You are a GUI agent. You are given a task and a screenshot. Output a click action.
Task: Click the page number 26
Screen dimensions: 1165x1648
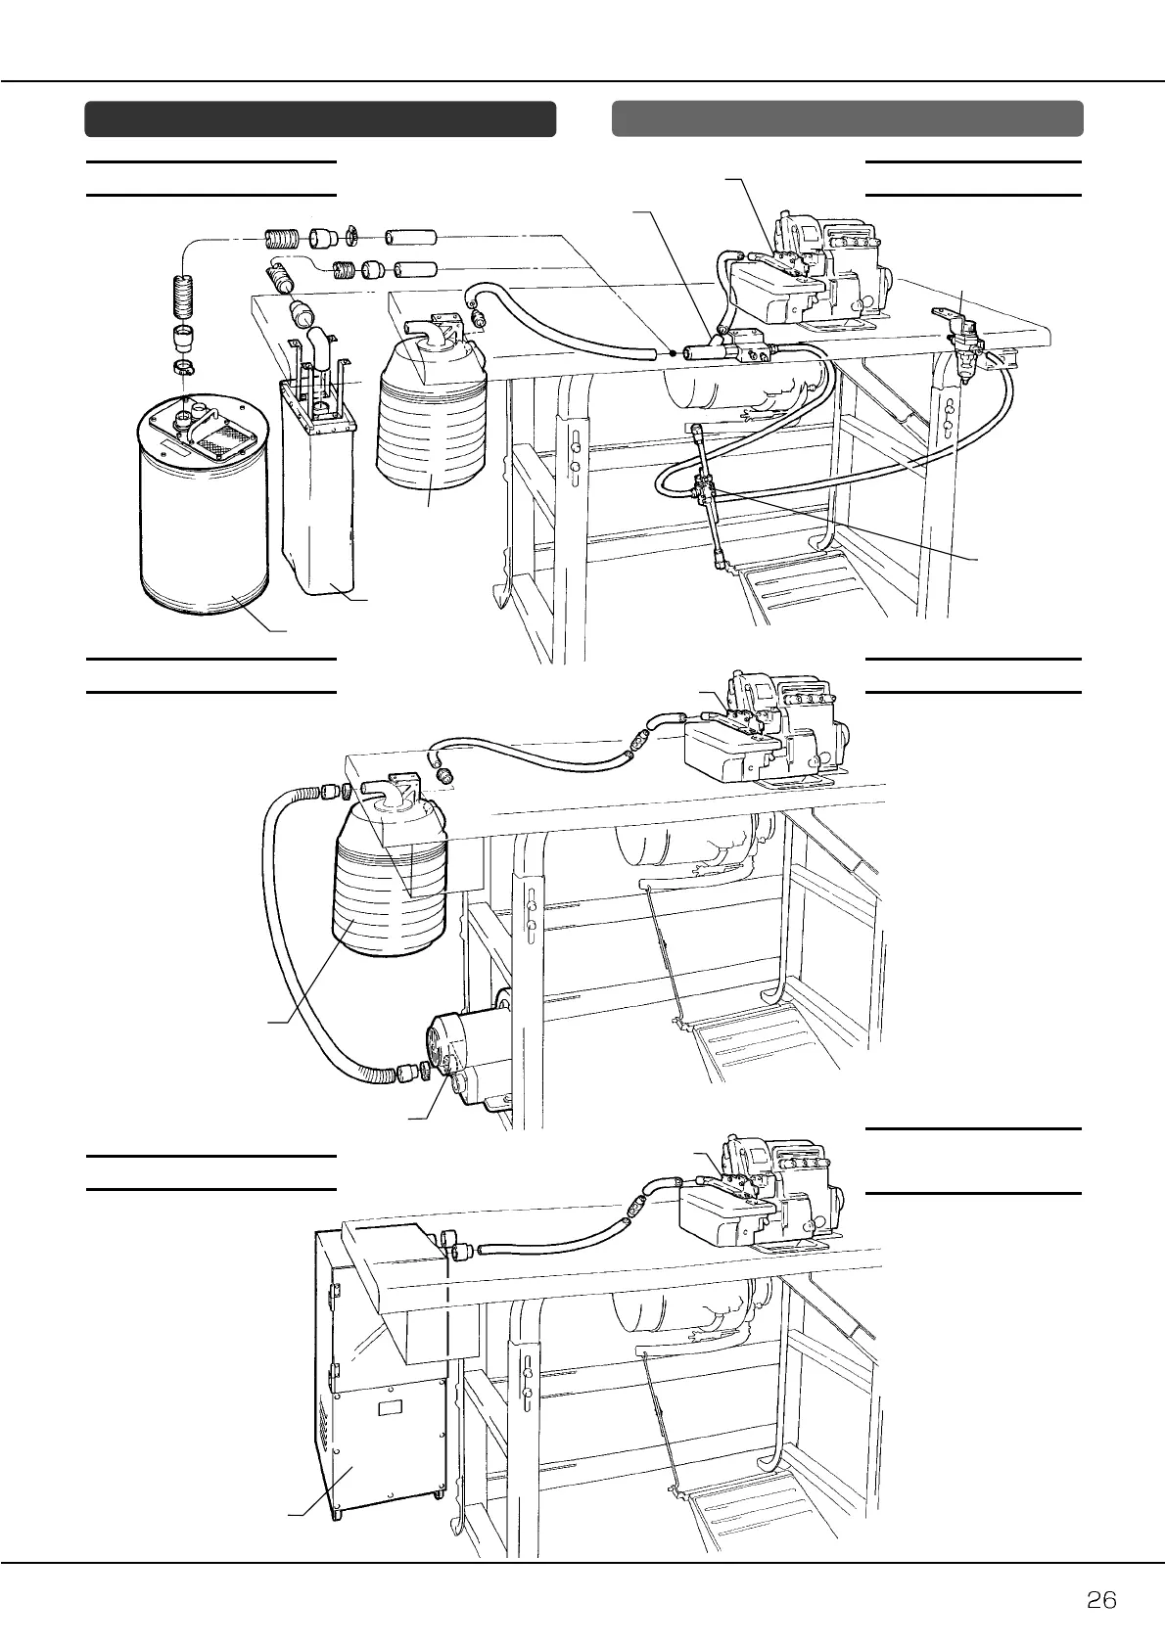[x=1101, y=1600]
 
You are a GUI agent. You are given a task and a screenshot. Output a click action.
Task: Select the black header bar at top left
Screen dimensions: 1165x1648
[x=320, y=118]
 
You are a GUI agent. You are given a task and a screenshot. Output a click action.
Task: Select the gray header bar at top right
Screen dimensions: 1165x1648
[x=847, y=118]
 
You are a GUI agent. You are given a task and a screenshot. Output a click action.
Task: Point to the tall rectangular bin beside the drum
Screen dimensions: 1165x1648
[x=318, y=489]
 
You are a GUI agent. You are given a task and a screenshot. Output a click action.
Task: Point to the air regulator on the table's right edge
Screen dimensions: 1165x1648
[x=964, y=347]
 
